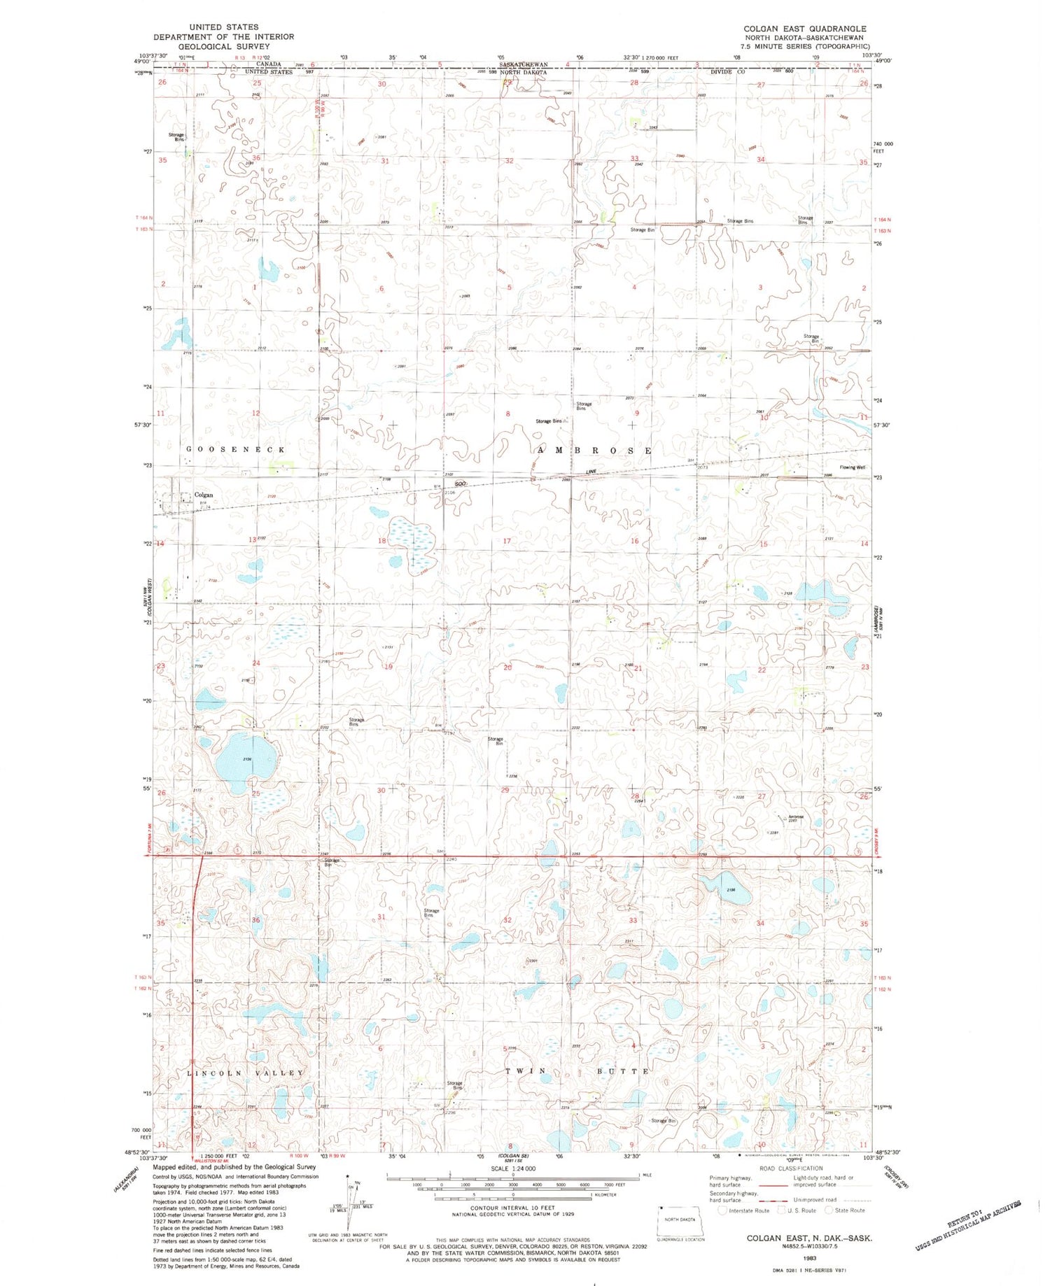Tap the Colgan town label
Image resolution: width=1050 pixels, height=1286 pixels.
click(203, 495)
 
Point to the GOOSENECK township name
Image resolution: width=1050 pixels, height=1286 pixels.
click(236, 449)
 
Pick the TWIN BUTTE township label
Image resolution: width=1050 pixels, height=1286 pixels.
click(577, 1071)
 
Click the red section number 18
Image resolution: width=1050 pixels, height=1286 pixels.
click(382, 541)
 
